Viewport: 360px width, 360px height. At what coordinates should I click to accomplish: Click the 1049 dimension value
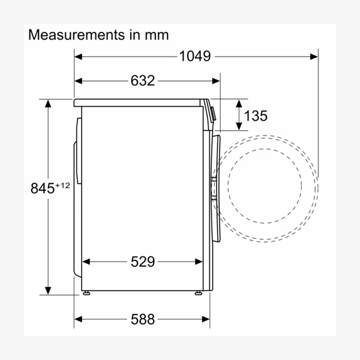(194, 56)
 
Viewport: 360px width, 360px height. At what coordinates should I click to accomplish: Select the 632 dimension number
(143, 81)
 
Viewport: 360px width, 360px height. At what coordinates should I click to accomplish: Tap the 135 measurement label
(256, 115)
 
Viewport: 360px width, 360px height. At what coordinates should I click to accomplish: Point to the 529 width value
(143, 262)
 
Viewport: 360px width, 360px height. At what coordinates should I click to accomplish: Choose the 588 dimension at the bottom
(143, 319)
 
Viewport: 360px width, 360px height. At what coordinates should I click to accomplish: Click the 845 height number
(43, 188)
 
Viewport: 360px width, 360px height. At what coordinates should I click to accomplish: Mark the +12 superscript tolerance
(62, 185)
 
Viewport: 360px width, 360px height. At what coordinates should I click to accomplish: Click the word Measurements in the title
(76, 35)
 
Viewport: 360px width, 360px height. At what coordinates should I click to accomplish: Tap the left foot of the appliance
(86, 293)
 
